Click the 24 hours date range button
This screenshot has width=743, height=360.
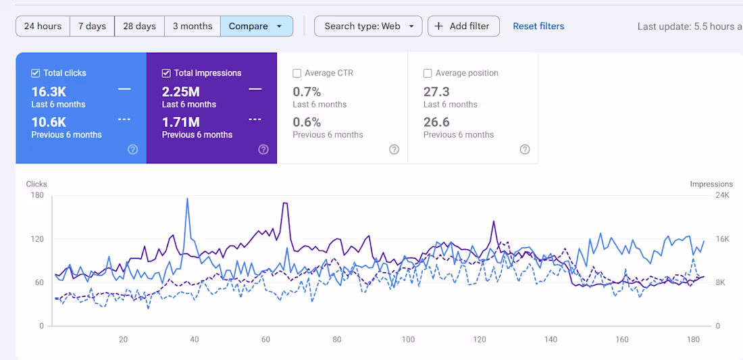point(43,26)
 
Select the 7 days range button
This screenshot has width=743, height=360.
point(92,26)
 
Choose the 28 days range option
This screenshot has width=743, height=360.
point(139,26)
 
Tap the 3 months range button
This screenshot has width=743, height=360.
point(193,26)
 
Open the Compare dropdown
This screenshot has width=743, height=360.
point(256,26)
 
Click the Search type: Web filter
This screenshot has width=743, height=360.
point(368,26)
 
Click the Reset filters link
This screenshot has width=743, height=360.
point(538,26)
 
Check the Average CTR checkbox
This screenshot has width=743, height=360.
point(297,73)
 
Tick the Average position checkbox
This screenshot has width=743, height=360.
point(428,73)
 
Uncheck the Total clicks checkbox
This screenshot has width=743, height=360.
point(36,73)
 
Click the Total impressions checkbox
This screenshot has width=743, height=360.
point(166,73)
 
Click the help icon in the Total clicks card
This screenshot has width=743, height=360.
point(133,149)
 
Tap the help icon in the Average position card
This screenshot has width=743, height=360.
point(525,149)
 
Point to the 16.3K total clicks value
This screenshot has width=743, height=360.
point(49,92)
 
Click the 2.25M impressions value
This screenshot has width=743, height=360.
point(181,92)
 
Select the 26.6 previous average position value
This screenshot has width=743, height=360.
point(436,122)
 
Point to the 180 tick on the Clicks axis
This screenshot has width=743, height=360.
point(36,195)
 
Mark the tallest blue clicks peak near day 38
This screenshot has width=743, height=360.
point(187,199)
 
